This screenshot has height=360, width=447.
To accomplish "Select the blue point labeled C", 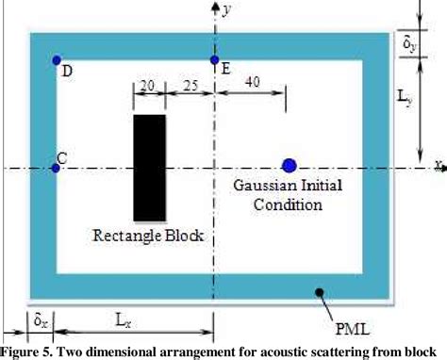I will coord(55,168).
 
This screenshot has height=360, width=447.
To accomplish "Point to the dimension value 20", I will coord(147,84).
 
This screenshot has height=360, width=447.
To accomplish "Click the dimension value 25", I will coord(190,84).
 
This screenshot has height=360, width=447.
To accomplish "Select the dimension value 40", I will coord(253,83).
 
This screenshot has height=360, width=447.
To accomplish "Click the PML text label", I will coord(354,330).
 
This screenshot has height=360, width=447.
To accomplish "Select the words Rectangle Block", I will coord(148,234).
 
